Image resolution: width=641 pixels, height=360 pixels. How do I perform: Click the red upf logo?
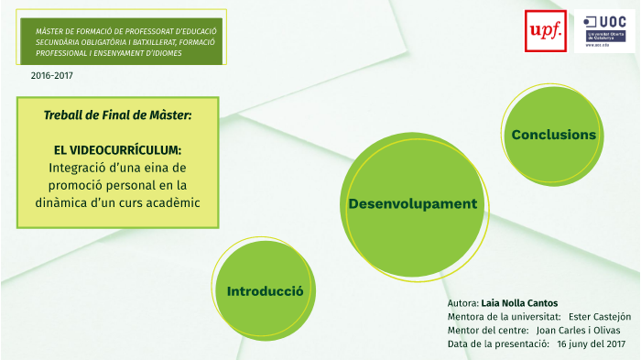coord(546,31)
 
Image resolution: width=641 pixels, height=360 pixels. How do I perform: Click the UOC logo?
coord(604,31)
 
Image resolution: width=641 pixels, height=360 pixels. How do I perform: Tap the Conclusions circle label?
coord(553,135)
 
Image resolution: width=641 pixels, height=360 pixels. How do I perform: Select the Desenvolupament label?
coord(412,203)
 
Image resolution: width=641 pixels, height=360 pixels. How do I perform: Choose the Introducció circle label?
coord(265,291)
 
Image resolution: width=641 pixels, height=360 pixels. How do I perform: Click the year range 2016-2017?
coord(52,76)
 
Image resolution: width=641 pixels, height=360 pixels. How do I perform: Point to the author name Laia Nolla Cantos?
coord(519,303)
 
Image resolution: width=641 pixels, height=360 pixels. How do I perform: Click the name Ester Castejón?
coord(600,317)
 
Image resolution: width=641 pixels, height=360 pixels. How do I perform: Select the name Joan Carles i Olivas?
coord(578,330)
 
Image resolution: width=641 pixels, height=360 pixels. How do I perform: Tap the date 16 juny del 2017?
coord(592,344)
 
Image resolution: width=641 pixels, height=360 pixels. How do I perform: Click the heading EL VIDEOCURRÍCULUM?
coord(118,150)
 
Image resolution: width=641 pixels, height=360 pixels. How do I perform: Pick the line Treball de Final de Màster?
coord(118,115)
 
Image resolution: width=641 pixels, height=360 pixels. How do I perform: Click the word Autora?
coord(463,303)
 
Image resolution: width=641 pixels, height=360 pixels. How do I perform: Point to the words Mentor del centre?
coord(488,330)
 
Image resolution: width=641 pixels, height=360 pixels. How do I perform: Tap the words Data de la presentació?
coord(498,344)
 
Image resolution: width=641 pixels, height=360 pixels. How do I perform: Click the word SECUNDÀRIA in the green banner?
coord(57,42)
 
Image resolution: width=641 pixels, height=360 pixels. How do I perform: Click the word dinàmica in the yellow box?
coord(54,202)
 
